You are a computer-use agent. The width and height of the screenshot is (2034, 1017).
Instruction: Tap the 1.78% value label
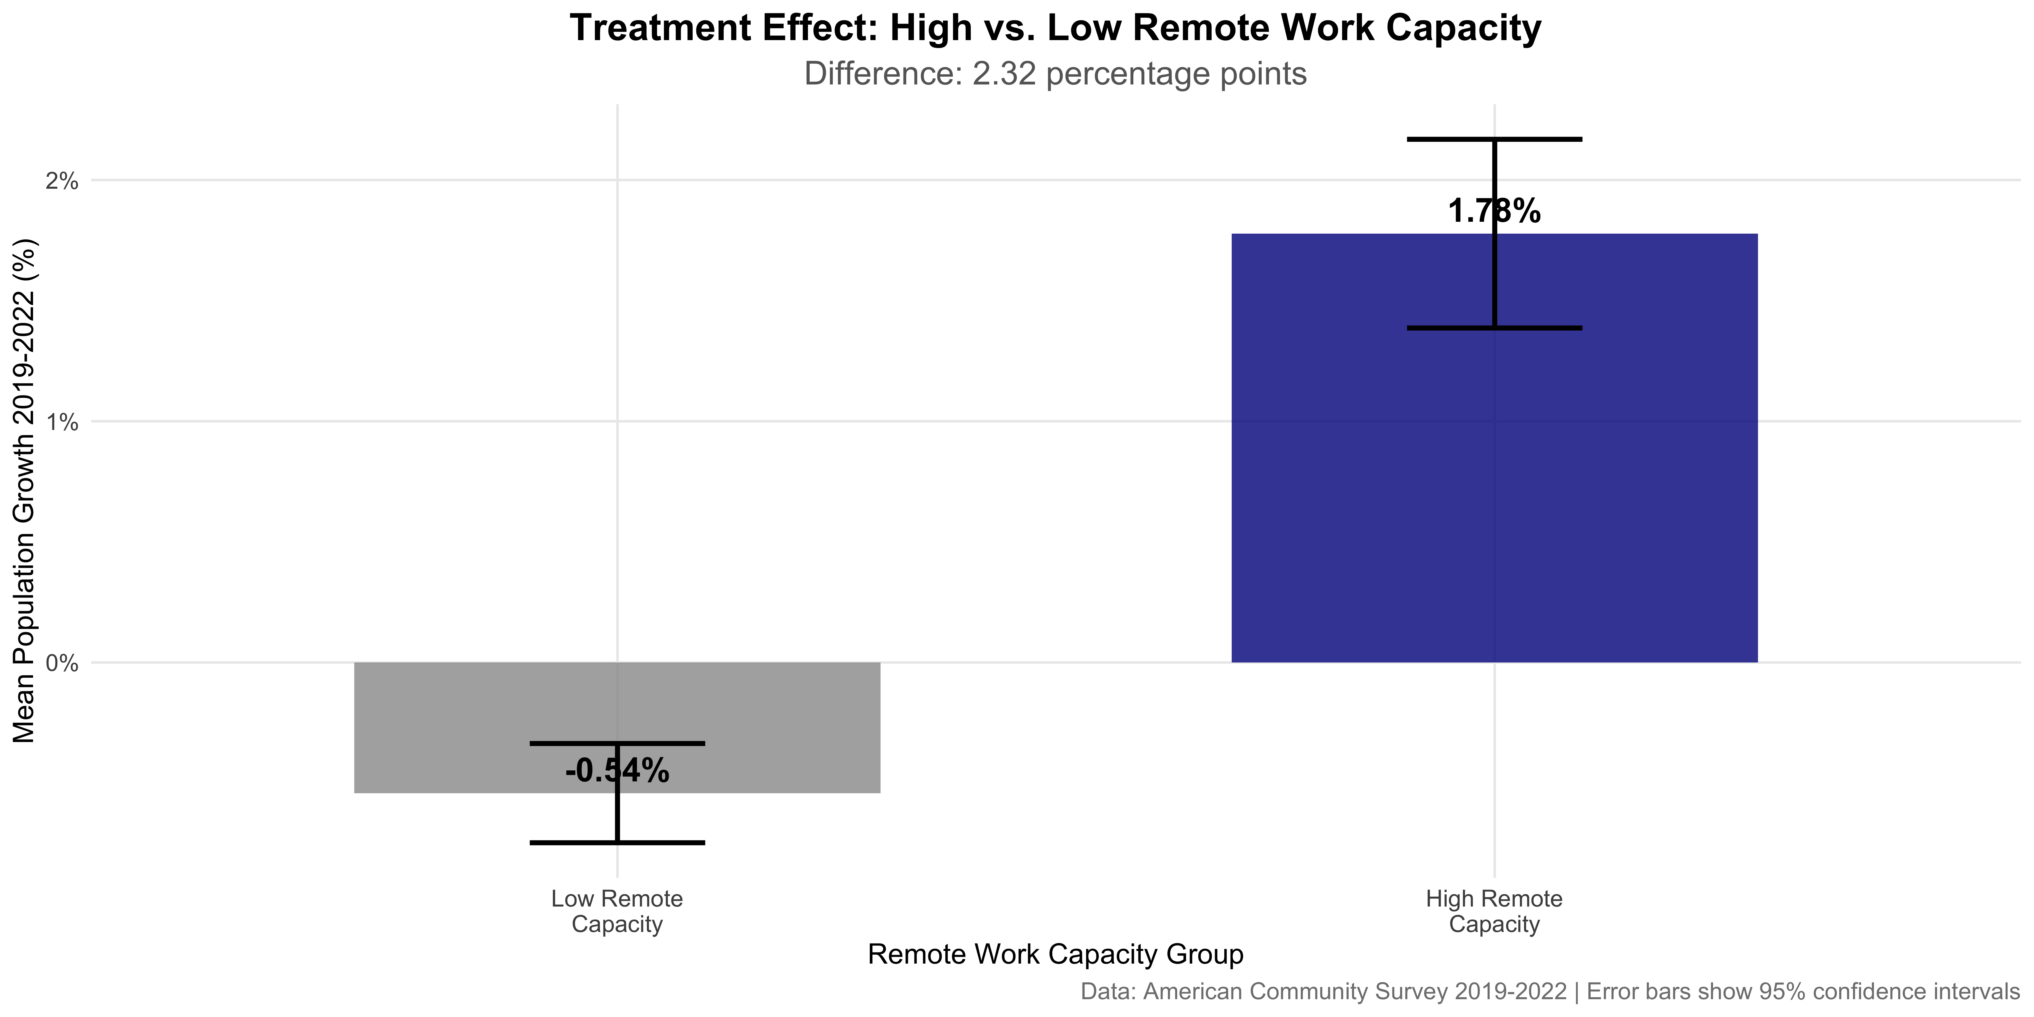point(1494,212)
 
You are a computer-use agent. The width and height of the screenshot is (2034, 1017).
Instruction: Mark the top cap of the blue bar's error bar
point(1494,140)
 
